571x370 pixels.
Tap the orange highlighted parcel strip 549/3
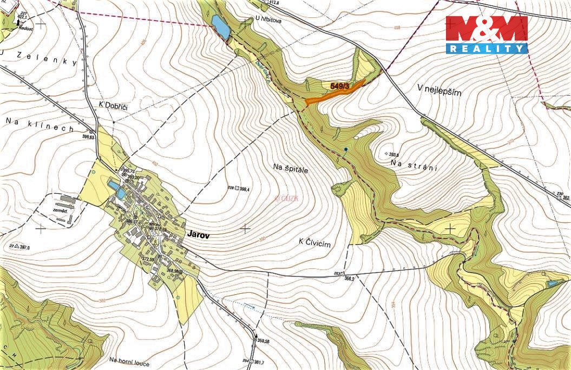(336, 94)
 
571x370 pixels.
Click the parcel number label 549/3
(339, 85)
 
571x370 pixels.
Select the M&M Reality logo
(486, 35)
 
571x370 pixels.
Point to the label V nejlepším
(439, 92)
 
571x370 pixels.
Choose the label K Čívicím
(314, 244)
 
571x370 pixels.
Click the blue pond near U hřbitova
(220, 27)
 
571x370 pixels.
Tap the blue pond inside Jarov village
(117, 189)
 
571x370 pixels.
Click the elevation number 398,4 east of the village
(244, 189)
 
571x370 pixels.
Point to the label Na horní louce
(129, 361)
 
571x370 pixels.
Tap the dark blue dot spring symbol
(345, 149)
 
